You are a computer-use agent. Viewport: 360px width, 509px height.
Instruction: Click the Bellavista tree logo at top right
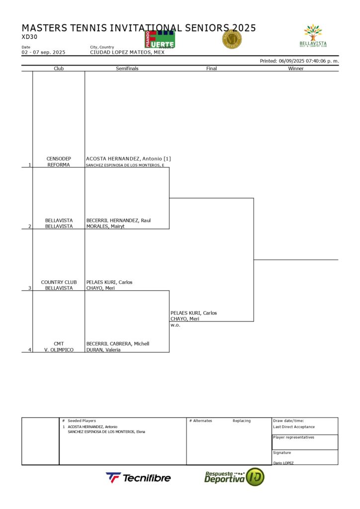pyautogui.click(x=313, y=35)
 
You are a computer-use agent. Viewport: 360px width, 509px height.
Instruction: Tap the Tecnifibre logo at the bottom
pyautogui.click(x=138, y=478)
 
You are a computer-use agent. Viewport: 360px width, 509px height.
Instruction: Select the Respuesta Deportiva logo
pyautogui.click(x=234, y=477)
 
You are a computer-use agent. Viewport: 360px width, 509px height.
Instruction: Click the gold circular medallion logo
pyautogui.click(x=232, y=39)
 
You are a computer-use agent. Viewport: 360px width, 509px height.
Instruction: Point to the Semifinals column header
pyautogui.click(x=127, y=69)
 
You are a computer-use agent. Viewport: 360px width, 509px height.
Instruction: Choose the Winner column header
pyautogui.click(x=296, y=69)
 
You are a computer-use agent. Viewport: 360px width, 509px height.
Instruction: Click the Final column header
pyautogui.click(x=211, y=69)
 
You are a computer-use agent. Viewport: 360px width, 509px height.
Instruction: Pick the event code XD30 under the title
pyautogui.click(x=29, y=36)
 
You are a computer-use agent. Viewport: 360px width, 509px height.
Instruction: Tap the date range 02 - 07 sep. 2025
pyautogui.click(x=43, y=52)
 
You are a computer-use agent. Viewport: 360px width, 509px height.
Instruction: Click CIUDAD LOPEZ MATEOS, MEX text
pyautogui.click(x=127, y=52)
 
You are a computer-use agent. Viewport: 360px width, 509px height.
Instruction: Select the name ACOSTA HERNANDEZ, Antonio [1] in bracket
pyautogui.click(x=128, y=159)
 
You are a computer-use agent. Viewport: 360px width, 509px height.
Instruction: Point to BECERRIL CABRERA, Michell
pyautogui.click(x=118, y=343)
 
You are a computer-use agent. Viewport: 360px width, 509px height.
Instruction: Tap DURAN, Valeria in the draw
pyautogui.click(x=103, y=349)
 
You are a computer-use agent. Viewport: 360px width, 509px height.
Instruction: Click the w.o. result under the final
pyautogui.click(x=175, y=325)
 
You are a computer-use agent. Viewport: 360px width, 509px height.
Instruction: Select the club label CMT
pyautogui.click(x=59, y=343)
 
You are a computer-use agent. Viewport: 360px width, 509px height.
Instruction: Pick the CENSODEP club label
pyautogui.click(x=59, y=159)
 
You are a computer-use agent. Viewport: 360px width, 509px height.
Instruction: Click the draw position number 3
pyautogui.click(x=29, y=288)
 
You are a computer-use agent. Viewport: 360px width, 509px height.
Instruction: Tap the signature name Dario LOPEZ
pyautogui.click(x=283, y=463)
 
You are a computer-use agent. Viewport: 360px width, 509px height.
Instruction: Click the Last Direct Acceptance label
pyautogui.click(x=294, y=427)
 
